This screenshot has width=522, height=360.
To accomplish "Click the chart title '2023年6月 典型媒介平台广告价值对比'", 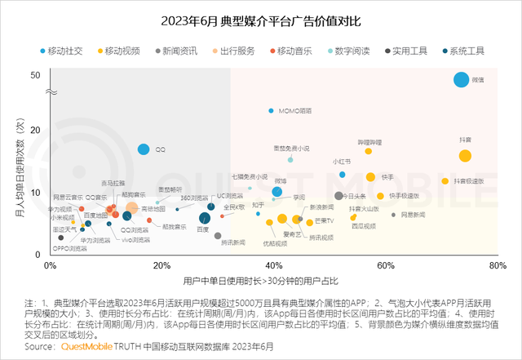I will click(260, 20).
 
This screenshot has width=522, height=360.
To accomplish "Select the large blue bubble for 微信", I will click(462, 79).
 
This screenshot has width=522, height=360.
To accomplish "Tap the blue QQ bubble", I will click(144, 149).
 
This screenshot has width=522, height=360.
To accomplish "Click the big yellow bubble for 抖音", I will click(465, 156).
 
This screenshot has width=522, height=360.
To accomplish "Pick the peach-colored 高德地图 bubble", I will click(130, 208).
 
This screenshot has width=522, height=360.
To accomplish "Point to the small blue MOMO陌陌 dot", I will click(271, 110).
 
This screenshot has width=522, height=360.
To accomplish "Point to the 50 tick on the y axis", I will click(35, 75).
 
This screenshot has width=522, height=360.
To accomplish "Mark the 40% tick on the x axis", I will click(274, 266).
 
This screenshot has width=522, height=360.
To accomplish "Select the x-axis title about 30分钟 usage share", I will click(261, 282).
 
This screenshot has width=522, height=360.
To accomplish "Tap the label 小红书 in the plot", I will click(342, 162).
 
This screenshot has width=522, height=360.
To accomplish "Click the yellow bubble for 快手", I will click(370, 177).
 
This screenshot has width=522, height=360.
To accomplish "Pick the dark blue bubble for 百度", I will click(205, 218).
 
